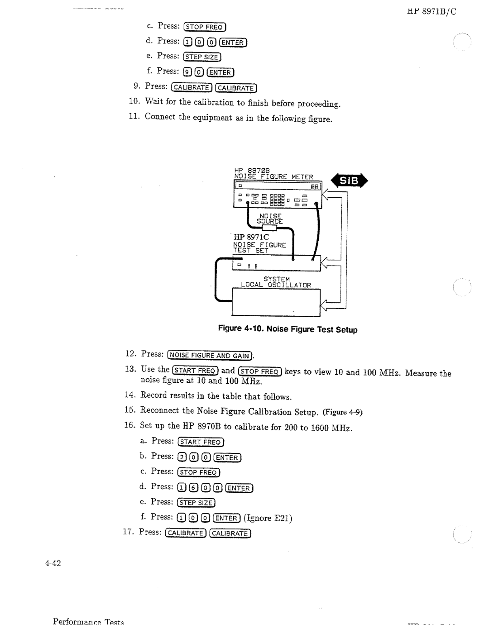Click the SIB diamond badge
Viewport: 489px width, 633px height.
point(350,181)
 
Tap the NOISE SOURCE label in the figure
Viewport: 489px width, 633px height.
point(270,219)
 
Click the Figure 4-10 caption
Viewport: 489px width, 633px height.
point(288,329)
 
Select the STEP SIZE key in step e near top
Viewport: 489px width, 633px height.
point(202,57)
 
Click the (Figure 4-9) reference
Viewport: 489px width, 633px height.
point(343,412)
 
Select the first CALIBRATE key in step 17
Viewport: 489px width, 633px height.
point(186,533)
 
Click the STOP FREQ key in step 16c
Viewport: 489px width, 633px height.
point(199,472)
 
